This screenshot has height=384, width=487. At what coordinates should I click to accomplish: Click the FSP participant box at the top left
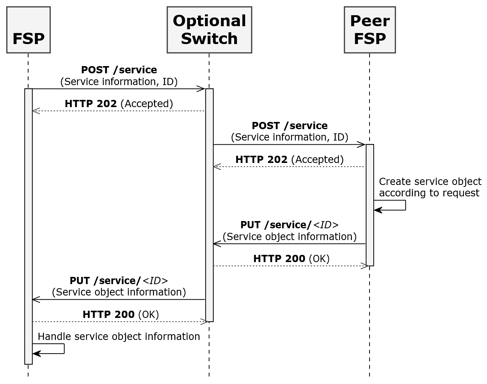pyautogui.click(x=29, y=30)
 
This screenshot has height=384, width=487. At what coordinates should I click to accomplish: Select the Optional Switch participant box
pyautogui.click(x=209, y=30)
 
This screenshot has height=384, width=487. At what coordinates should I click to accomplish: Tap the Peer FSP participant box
pyautogui.click(x=370, y=30)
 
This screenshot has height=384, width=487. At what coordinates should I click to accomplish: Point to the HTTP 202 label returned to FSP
pyautogui.click(x=119, y=104)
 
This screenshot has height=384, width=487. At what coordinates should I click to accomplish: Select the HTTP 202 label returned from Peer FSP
pyautogui.click(x=289, y=160)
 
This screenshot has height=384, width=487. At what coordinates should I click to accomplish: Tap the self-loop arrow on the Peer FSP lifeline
pyautogui.click(x=395, y=205)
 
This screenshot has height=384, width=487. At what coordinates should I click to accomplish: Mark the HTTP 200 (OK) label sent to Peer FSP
pyautogui.click(x=291, y=259)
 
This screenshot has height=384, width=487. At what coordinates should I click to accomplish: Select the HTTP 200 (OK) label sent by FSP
pyautogui.click(x=121, y=314)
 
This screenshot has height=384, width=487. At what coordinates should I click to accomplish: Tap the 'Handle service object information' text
pyautogui.click(x=119, y=337)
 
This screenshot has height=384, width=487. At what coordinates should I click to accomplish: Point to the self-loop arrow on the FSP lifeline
pyautogui.click(x=53, y=349)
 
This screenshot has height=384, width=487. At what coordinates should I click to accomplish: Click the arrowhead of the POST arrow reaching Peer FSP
pyautogui.click(x=361, y=144)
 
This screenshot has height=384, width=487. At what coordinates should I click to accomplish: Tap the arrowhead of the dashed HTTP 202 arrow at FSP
pyautogui.click(x=36, y=111)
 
